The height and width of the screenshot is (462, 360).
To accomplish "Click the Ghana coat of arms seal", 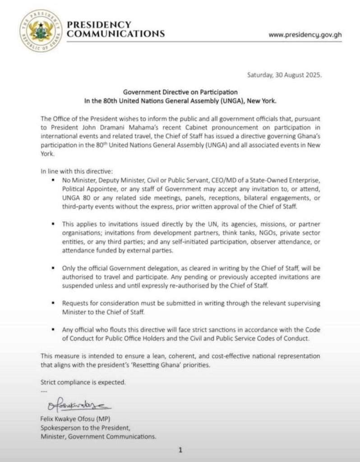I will point(41,31).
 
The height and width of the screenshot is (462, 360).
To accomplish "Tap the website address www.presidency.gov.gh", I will point(305,35).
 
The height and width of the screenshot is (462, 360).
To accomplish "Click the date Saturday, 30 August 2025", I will point(284,75).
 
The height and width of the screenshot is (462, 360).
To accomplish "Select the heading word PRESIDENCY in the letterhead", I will point(99,25).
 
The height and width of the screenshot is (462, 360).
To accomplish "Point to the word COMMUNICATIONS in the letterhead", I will point(116,34).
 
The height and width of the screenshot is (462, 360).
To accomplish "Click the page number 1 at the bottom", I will point(180,450).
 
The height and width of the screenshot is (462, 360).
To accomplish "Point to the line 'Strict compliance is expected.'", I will point(83,382).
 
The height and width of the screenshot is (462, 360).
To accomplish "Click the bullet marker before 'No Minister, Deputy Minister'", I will point(54,181).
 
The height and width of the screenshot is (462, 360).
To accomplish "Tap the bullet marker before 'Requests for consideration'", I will point(54,304).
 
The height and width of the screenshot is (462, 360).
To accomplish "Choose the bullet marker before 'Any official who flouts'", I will point(54,330).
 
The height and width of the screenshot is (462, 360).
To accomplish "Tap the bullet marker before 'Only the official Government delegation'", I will point(54,268).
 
